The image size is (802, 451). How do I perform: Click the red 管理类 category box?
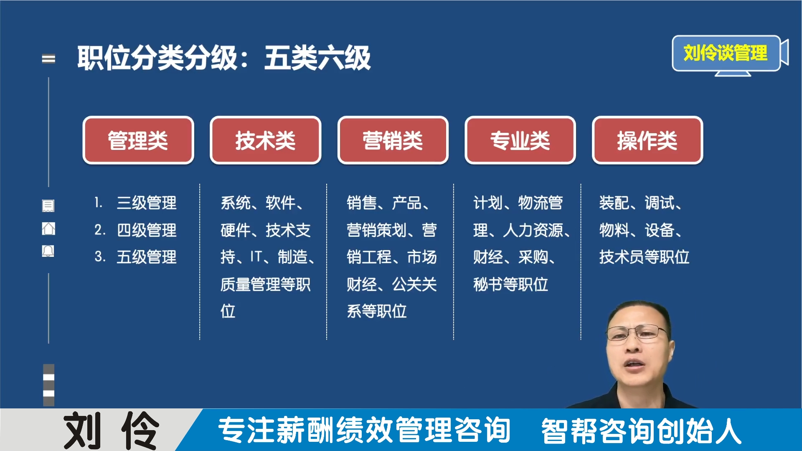coord(138,140)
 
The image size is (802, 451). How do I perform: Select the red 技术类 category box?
coord(265,140)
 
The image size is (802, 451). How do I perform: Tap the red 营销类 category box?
coord(393,140)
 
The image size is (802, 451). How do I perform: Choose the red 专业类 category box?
coord(520,140)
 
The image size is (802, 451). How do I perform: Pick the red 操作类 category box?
coord(647,140)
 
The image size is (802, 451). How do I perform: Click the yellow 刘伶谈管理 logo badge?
coord(725,53)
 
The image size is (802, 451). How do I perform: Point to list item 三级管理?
coord(146,203)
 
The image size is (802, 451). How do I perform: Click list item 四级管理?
coord(146,230)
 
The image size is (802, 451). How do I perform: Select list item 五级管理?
coord(146,257)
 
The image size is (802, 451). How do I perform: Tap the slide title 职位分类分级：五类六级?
coord(224,58)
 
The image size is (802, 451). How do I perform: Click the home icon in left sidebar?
coord(48,228)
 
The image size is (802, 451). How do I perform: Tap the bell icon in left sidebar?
coord(48,251)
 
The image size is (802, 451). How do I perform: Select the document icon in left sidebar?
coord(48,205)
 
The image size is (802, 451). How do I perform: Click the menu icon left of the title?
coord(48,59)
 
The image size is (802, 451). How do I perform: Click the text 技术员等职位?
coord(644,257)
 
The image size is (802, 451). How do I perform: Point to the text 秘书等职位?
coord(510,284)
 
